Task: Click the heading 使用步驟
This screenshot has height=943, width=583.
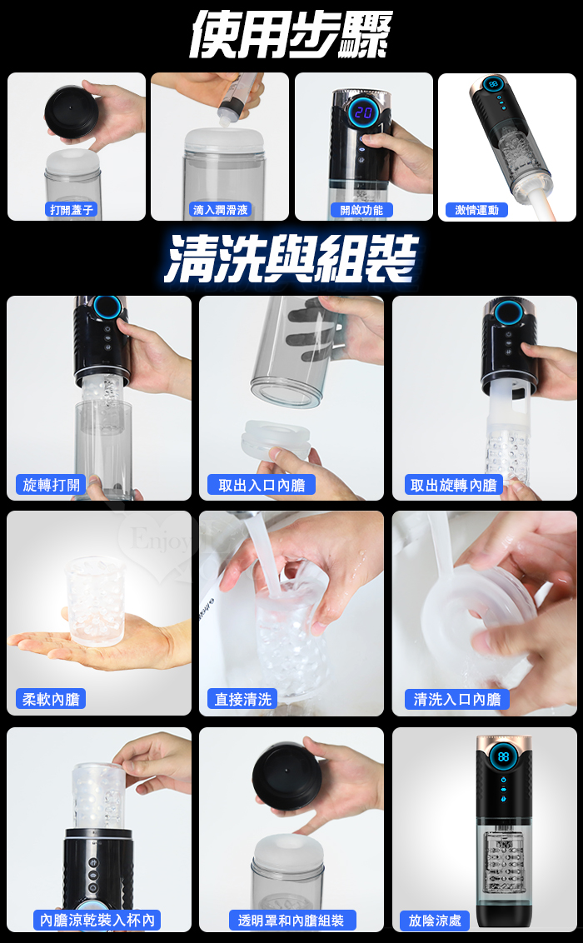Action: [x=291, y=35]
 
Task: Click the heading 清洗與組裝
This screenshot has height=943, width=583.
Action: [x=291, y=258]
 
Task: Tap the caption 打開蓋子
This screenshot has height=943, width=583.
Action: [x=72, y=210]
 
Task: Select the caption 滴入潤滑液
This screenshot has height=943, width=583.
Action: [x=221, y=210]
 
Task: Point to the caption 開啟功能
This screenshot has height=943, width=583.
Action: [x=361, y=210]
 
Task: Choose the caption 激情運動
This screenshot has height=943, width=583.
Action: [x=476, y=210]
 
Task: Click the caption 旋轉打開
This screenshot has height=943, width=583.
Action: [x=51, y=485]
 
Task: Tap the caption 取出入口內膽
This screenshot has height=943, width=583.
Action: [x=262, y=485]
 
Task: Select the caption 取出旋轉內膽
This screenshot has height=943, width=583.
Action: [x=453, y=485]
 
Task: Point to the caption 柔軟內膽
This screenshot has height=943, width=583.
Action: [x=51, y=699]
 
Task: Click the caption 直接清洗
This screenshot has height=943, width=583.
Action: [x=243, y=699]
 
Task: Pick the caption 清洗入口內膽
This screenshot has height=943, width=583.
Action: [x=456, y=699]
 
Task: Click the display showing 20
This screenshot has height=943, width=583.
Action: [x=363, y=112]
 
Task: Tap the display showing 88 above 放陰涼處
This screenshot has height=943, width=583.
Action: [x=503, y=756]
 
